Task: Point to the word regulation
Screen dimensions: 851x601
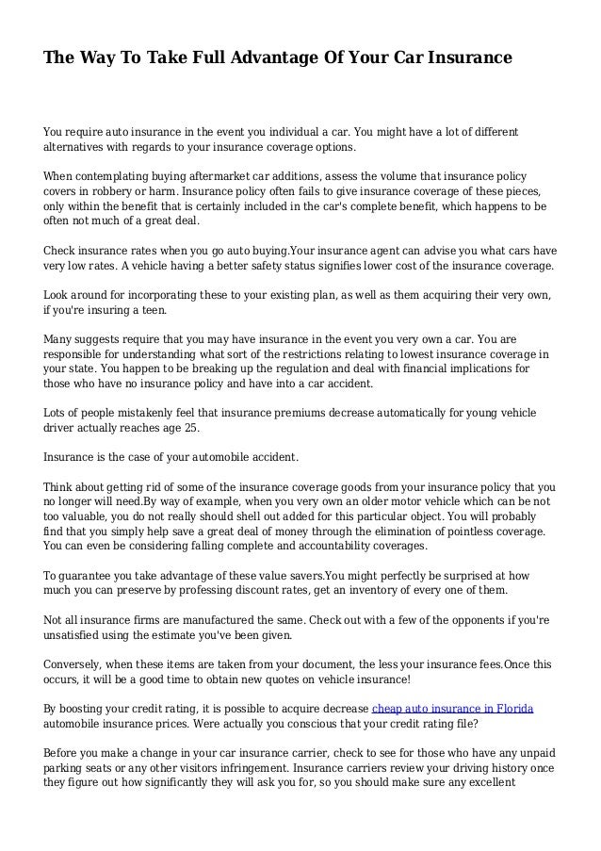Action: click(x=283, y=368)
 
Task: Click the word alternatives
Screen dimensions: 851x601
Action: click(x=81, y=147)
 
